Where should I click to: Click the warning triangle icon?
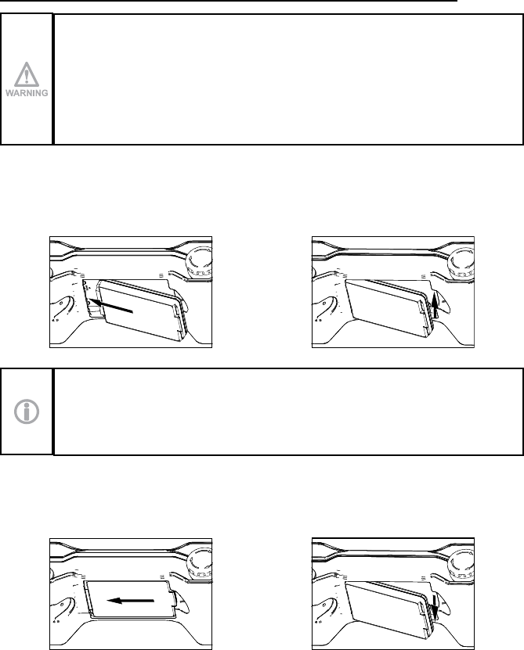26,74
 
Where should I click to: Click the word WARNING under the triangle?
27,93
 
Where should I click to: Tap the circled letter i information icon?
27,412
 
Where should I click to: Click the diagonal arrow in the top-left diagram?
111,307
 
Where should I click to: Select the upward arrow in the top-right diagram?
433,304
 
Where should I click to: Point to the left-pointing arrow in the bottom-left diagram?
130,600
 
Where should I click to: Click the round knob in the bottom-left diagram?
201,565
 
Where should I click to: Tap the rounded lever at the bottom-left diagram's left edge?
63,608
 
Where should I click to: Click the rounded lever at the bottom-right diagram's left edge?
326,608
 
